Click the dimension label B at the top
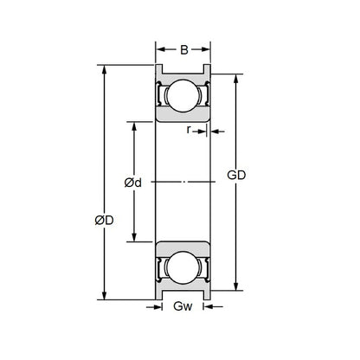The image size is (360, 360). click(183, 49)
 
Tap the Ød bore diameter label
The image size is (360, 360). click(133, 183)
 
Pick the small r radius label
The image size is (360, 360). click(189, 131)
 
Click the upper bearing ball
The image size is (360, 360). click(183, 97)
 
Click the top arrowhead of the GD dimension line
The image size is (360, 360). click(236, 78)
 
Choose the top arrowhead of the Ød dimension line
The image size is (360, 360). click(133, 125)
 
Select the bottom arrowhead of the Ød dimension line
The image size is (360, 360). click(133, 240)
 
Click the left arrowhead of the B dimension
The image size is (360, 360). click(160, 49)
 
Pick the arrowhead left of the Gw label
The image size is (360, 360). click(161, 306)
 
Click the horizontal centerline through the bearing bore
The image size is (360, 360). click(183, 183)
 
